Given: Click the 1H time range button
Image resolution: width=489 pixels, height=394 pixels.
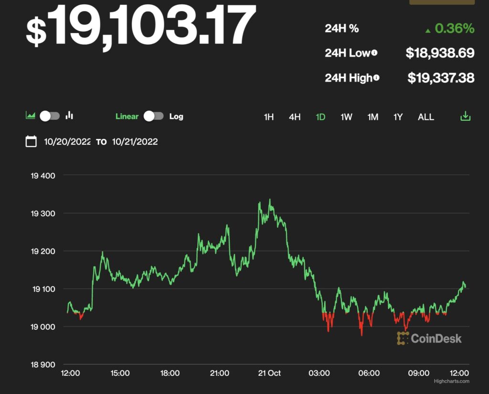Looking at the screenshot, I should coord(269,117).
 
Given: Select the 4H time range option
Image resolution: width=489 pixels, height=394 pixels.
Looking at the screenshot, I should coord(295,117).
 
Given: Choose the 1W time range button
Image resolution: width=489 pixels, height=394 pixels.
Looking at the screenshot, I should coord(346,117).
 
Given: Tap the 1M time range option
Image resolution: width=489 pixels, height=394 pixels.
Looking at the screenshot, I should coord(372,117).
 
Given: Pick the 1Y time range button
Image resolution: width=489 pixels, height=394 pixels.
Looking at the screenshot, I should coord(398,117).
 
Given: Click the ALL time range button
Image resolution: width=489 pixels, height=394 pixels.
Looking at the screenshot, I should coord(426,117).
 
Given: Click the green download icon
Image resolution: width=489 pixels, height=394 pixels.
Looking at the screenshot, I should coord(465,117).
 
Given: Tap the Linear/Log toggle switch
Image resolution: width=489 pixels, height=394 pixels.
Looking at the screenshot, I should coord(154,116).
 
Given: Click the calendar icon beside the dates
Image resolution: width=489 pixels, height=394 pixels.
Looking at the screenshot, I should coord(31,141).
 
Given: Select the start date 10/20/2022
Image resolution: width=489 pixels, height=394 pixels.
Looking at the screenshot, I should coord(67,141).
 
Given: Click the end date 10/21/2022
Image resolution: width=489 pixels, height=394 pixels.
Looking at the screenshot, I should coord(135,141).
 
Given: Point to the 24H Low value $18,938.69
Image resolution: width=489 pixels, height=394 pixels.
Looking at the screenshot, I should coord(440,53).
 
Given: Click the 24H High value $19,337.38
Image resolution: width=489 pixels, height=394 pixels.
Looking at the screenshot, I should coord(441,77).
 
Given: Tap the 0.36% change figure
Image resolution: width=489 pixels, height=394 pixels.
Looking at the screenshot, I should coord(454,29).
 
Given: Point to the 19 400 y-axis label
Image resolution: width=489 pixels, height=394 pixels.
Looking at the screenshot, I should coord(43,175).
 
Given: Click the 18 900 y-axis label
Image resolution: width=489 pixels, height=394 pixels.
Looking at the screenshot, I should coord(43,365).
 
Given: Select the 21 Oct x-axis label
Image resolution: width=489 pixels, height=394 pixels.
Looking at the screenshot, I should coord(269,373).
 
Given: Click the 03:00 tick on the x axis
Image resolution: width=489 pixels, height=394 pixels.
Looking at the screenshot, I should coord(319,373).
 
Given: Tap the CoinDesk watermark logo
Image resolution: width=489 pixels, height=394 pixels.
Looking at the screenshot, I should coord(429,339).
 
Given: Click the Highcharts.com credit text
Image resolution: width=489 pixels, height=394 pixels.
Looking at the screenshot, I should coord(451,381).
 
